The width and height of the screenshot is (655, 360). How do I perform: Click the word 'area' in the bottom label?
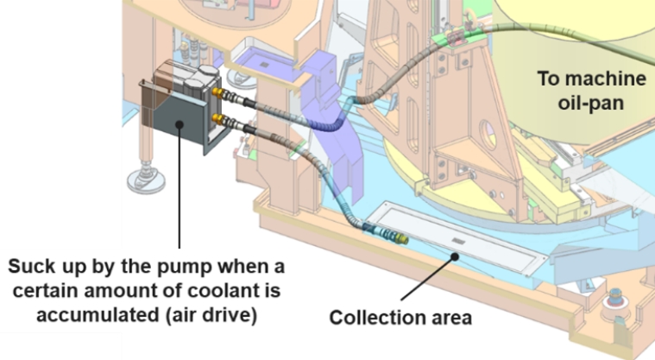click(450, 318)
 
